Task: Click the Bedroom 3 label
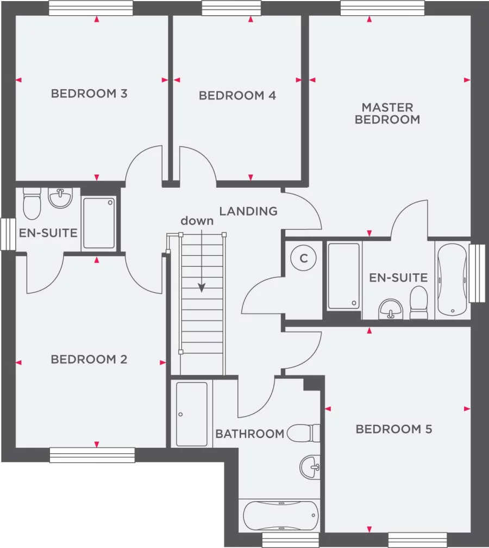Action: pos(89,94)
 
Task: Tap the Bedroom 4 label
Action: pos(237,96)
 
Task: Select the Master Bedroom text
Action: pos(387,113)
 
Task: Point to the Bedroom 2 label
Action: pos(89,360)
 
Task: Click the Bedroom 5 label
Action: pos(394,429)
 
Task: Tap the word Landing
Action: pos(248,211)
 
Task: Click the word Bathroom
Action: pos(250,434)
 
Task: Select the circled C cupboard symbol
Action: pos(304,259)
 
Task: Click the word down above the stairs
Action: pos(197,221)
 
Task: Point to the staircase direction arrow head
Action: pos(202,288)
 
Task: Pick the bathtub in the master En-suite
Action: pos(452,279)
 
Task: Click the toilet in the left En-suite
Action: pos(33,203)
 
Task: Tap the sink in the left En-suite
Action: pos(60,198)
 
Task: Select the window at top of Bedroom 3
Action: pos(91,8)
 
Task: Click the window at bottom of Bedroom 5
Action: pos(417,540)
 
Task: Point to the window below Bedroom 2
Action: pos(92,455)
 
